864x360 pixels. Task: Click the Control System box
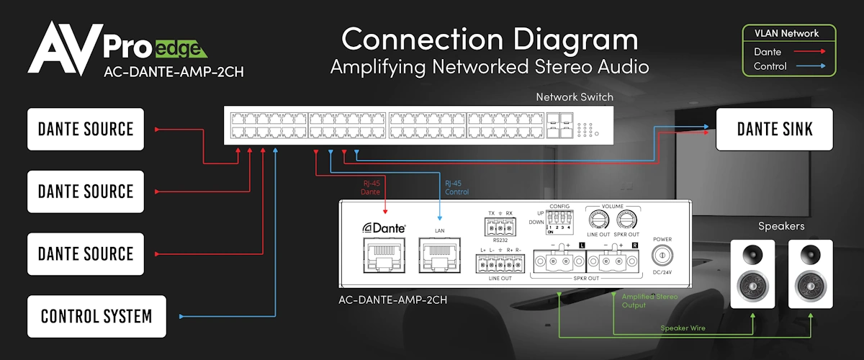(x=96, y=316)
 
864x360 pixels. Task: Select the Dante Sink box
(x=774, y=129)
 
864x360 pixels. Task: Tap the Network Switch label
(x=574, y=97)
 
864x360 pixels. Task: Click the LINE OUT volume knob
(x=598, y=219)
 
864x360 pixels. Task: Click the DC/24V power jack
(x=662, y=256)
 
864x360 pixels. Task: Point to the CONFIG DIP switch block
(x=559, y=220)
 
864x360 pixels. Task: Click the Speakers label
(x=781, y=226)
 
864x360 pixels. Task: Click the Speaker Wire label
(x=683, y=328)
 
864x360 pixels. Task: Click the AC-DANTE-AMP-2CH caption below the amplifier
(x=392, y=299)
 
